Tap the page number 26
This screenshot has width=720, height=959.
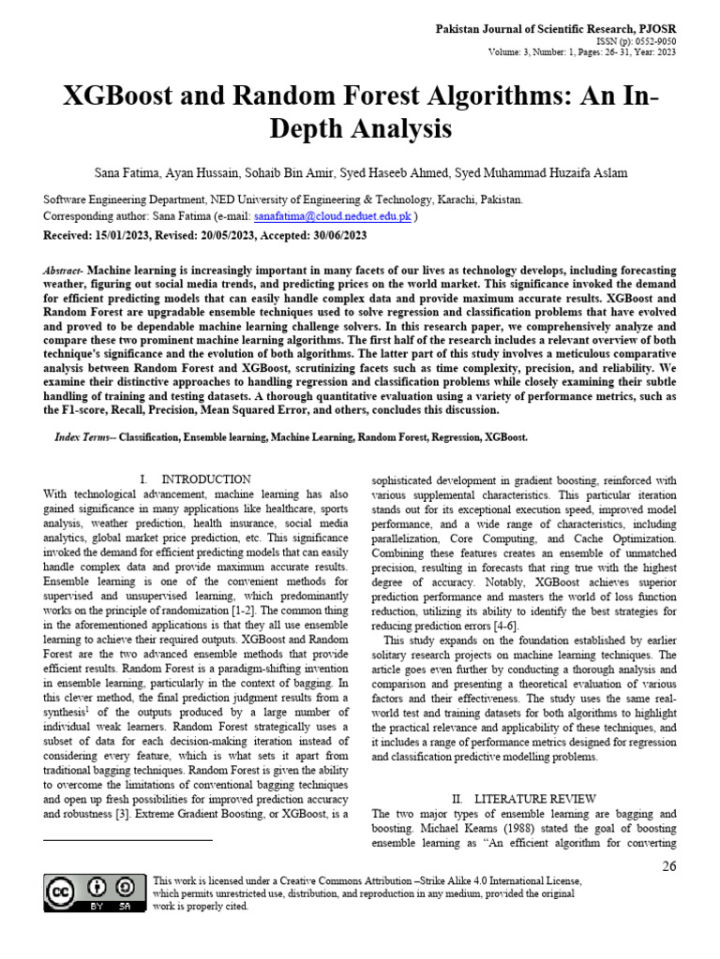click(668, 866)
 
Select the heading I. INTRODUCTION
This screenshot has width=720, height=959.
click(195, 479)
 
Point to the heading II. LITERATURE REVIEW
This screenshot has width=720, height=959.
click(523, 799)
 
